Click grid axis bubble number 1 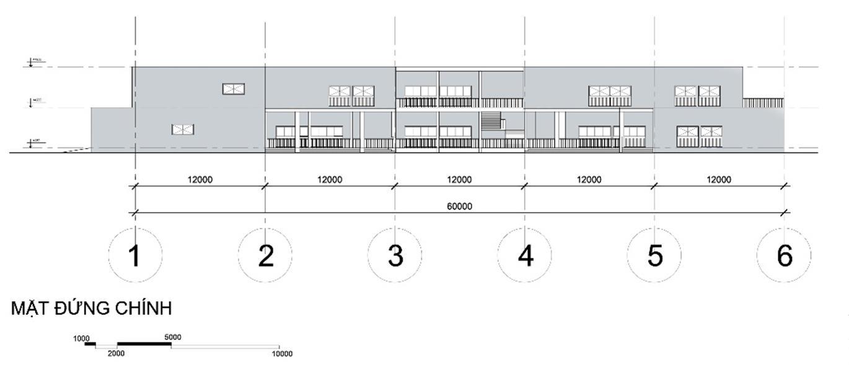[x=135, y=255]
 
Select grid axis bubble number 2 [x=265, y=255]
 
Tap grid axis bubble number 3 [x=395, y=255]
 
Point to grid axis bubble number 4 [x=525, y=255]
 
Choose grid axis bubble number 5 [x=654, y=255]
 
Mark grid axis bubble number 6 [x=784, y=255]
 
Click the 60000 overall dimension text [x=459, y=206]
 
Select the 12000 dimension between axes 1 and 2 [x=200, y=180]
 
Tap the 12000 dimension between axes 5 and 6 [x=718, y=180]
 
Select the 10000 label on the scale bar [x=282, y=354]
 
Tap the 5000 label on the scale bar [x=173, y=337]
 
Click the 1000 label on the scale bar [x=82, y=338]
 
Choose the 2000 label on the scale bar [x=116, y=353]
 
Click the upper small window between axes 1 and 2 [x=233, y=89]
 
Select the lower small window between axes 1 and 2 [x=183, y=129]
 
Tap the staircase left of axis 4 [x=490, y=120]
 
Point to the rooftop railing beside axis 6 [x=763, y=103]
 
